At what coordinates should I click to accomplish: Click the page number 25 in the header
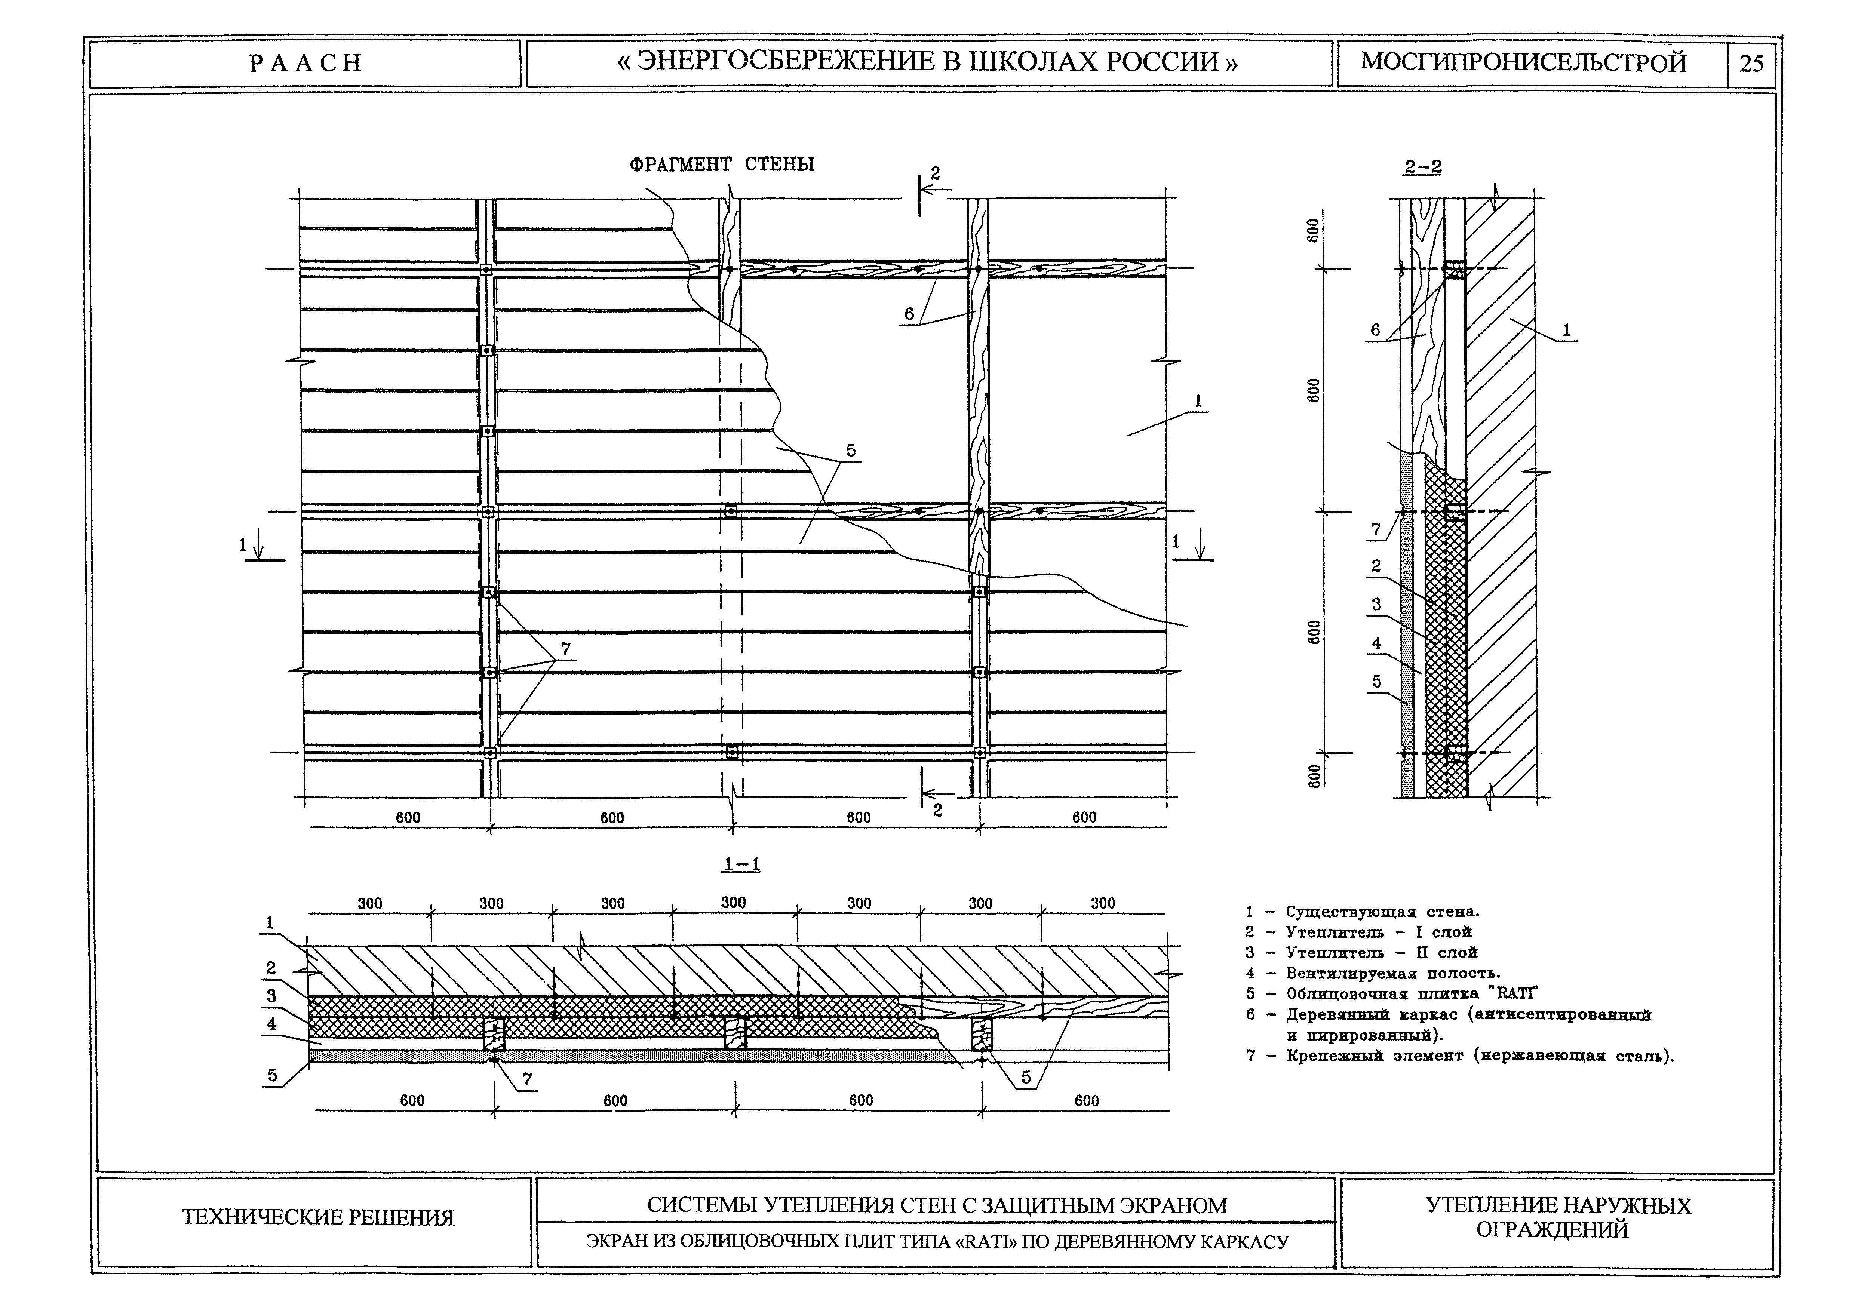click(x=1751, y=63)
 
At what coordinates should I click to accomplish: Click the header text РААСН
click(x=305, y=63)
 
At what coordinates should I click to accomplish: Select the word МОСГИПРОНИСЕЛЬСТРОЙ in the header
click(x=1524, y=63)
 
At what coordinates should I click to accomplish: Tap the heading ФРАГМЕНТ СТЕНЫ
click(x=722, y=165)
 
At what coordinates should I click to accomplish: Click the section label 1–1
click(x=741, y=864)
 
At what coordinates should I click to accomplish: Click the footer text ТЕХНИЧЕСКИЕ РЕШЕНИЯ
click(x=318, y=1217)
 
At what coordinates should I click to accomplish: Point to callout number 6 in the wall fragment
click(x=909, y=313)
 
